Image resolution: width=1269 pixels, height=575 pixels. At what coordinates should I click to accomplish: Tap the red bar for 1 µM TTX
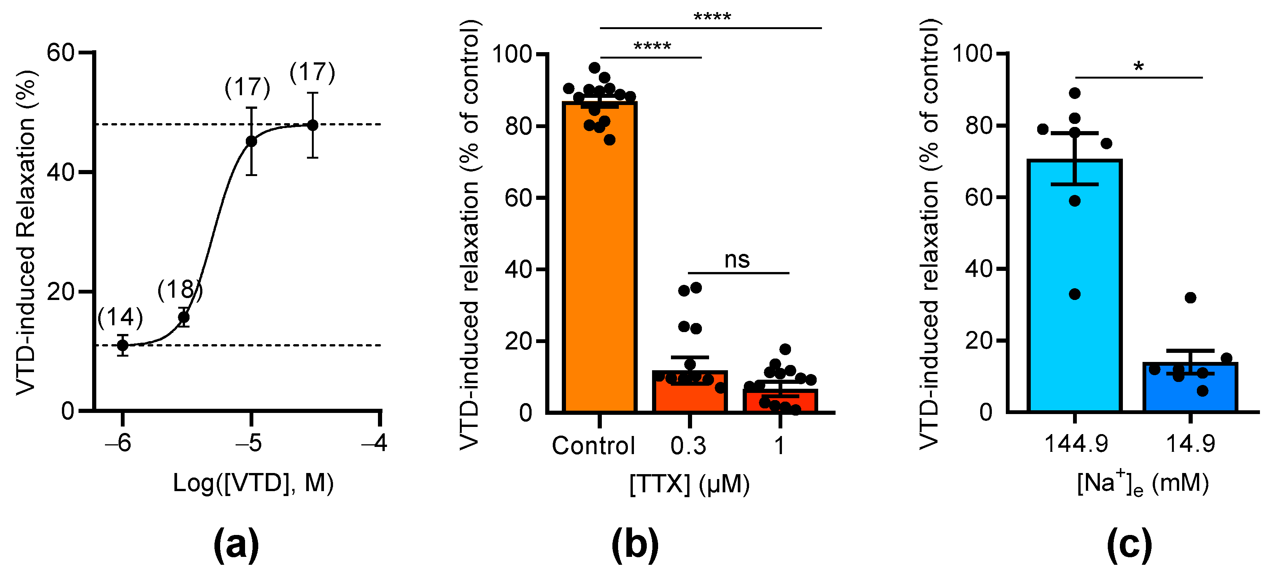coord(780,403)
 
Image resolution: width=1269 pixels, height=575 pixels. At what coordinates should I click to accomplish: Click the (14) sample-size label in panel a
coord(120,317)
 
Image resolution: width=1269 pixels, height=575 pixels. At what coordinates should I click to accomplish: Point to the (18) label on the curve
coord(180,290)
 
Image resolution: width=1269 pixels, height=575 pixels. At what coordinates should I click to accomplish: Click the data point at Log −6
coord(123,345)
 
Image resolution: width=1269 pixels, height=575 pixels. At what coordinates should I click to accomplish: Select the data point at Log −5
coord(251,141)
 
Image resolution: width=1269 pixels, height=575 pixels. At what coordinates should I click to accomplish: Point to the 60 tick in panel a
coord(60,52)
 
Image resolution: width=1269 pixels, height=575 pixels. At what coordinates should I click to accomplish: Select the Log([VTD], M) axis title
coord(253,483)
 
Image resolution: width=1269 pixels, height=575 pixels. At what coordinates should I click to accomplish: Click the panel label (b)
coord(635,545)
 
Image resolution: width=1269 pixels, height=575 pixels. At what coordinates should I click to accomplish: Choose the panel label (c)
coord(1129,545)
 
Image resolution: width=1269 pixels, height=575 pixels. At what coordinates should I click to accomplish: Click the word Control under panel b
coord(593,446)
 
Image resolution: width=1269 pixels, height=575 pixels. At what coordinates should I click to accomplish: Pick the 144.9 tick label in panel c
coord(1076,444)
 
